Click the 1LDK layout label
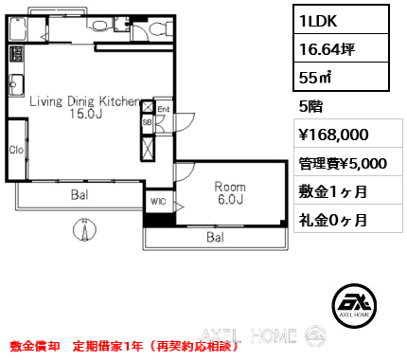pyautogui.click(x=320, y=18)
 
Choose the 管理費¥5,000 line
pyautogui.click(x=342, y=163)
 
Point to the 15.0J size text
pyautogui.click(x=83, y=116)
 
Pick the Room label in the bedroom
pyautogui.click(x=230, y=187)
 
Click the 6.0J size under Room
pyautogui.click(x=230, y=200)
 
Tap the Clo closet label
pyautogui.click(x=17, y=150)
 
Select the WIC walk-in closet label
pyautogui.click(x=157, y=201)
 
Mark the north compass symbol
pyautogui.click(x=84, y=227)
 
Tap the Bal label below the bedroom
pyautogui.click(x=216, y=237)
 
